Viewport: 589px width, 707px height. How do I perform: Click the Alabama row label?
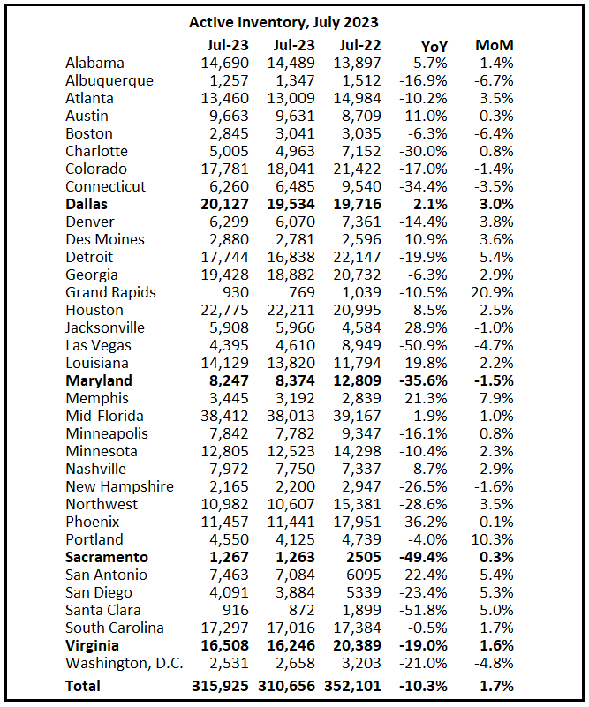(94, 63)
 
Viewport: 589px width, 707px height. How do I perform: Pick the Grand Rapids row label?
(110, 292)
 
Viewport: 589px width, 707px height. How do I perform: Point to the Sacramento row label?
(107, 557)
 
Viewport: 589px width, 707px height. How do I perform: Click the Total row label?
(83, 686)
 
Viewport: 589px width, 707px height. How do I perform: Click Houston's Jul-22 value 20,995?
(359, 310)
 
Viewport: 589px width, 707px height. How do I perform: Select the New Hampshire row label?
(119, 486)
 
